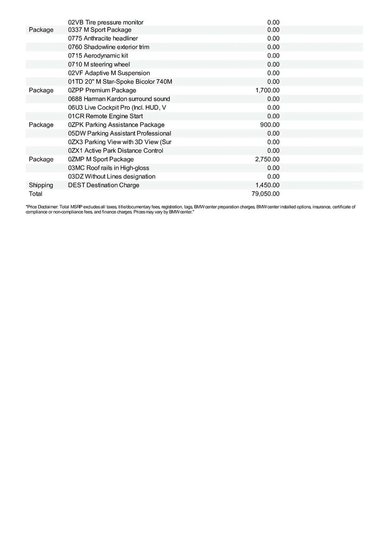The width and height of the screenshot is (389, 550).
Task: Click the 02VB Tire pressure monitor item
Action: (x=106, y=22)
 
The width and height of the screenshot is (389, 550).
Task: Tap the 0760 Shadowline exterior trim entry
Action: (x=108, y=47)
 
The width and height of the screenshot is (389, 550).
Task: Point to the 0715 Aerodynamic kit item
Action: (x=98, y=56)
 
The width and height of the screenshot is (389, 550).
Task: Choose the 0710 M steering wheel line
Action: (x=99, y=65)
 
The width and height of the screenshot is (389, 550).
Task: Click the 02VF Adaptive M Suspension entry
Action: (x=109, y=73)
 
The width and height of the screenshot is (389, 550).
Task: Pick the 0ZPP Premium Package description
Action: (x=102, y=90)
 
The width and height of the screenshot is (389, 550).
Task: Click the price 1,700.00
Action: (x=267, y=90)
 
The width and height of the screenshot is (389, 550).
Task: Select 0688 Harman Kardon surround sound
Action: (x=119, y=99)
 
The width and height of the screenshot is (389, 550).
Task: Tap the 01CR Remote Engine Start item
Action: (x=105, y=116)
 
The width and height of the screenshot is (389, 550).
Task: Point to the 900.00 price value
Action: (x=270, y=125)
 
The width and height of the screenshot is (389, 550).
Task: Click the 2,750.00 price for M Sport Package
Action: (x=267, y=159)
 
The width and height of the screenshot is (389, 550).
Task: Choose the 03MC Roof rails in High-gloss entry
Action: (x=108, y=168)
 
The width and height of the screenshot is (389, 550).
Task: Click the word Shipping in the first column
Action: (x=41, y=185)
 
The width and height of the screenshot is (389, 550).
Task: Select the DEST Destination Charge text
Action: (x=103, y=185)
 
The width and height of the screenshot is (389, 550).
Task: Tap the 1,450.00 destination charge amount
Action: (x=267, y=185)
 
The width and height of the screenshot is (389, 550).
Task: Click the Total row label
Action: (x=35, y=194)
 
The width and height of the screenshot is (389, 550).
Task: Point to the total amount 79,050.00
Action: (x=265, y=194)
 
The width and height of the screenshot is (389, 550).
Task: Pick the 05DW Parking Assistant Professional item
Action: (x=119, y=133)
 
